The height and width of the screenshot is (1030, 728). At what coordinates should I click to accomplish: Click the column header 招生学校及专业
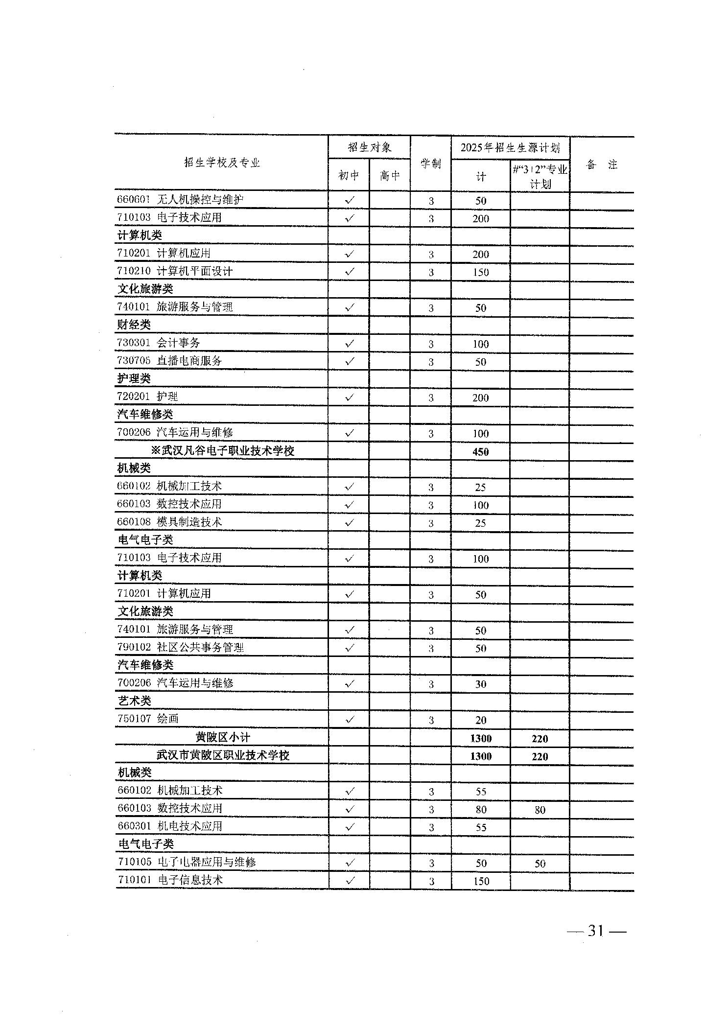pos(222,163)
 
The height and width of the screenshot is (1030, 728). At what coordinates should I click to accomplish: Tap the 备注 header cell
pos(601,165)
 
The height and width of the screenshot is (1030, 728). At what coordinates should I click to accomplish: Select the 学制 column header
pos(430,164)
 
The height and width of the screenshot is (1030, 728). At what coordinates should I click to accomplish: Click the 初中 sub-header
pos(349,175)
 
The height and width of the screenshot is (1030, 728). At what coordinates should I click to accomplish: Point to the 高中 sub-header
pos(390,175)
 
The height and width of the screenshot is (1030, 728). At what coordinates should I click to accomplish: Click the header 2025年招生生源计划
pos(510,148)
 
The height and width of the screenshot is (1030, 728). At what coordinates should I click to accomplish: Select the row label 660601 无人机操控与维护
pos(180,200)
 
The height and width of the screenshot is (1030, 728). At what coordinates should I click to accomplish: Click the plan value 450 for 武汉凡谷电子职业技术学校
pos(480,452)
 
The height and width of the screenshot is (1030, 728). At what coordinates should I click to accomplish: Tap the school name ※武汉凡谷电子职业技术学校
pos(223,451)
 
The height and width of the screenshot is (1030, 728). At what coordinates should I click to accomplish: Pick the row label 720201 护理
pos(147,397)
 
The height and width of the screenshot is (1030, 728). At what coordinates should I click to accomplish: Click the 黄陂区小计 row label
pos(223,737)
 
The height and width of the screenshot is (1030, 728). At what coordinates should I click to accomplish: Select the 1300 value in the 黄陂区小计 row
pos(480,739)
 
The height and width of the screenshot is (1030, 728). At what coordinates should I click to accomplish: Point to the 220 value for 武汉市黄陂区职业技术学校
pos(540,756)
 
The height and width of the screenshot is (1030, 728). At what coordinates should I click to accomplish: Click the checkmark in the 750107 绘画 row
pos(350,720)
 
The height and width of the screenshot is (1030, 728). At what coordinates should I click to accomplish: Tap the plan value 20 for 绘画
pos(481,720)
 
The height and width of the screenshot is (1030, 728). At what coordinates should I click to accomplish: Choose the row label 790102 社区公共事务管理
pos(180,647)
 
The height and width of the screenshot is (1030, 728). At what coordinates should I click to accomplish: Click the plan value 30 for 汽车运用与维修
pos(481,684)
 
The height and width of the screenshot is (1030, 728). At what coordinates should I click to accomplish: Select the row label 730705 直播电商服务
pos(169,361)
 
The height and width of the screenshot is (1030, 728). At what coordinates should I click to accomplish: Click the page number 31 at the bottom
pos(595,931)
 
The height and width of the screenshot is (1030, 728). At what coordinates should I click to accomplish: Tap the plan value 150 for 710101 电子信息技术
pos(481,881)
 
